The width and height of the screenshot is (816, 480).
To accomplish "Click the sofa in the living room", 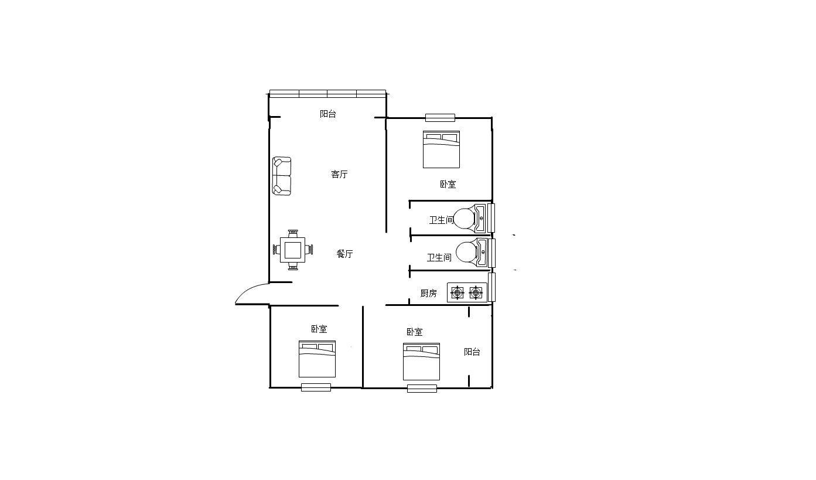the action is point(282,176).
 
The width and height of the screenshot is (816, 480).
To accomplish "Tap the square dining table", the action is point(292,250).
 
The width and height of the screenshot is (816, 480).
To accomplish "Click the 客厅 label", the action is point(339,174).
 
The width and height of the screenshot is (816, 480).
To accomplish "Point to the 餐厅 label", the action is point(344,254).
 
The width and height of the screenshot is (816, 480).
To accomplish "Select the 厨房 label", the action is point(428,293).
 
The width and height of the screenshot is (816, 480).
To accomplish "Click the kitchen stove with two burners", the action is point(467,292).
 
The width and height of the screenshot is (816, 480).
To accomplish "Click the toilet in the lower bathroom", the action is point(472,253).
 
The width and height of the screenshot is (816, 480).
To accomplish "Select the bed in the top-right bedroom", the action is point(441,149).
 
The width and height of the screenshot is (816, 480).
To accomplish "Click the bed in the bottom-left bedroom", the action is point(317,359).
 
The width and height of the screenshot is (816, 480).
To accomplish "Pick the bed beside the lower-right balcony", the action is point(421,362).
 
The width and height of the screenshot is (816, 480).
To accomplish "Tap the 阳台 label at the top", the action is point(328,114).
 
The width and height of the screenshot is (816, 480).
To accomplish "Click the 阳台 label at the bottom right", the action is point(472,352).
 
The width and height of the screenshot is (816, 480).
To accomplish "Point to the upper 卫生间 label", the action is point(441,220).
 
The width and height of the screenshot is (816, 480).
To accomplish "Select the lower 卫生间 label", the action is point(439,258).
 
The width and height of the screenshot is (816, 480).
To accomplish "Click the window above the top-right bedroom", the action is point(440,118).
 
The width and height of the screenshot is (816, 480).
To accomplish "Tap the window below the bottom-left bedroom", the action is point(316,387).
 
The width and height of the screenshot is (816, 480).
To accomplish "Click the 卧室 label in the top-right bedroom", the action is point(448,185).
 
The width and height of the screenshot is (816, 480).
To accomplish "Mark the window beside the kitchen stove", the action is point(491,287).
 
